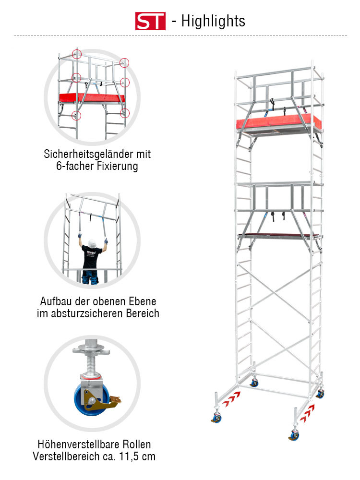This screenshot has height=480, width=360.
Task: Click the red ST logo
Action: [150, 21]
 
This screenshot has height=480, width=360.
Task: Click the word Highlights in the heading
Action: [213, 21]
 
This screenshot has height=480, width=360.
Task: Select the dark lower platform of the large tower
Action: [278, 235]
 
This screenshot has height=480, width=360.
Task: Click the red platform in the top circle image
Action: [91, 97]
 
